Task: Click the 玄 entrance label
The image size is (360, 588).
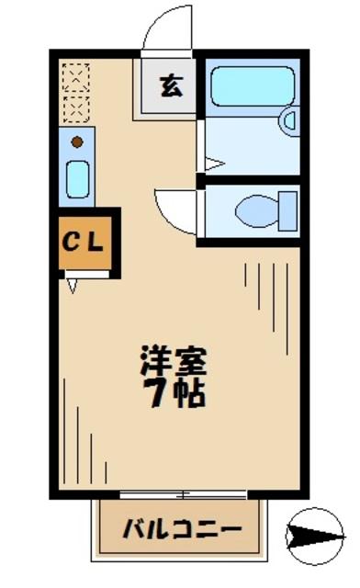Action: [170, 87]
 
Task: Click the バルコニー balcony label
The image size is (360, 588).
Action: [182, 530]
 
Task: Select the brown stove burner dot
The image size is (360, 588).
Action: [77, 141]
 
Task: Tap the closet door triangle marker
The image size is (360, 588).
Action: [73, 286]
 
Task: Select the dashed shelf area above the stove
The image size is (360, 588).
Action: [77, 93]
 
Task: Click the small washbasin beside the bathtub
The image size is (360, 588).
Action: [290, 120]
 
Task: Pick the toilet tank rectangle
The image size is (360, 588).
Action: [288, 209]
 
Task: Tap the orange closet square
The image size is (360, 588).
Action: [85, 243]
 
